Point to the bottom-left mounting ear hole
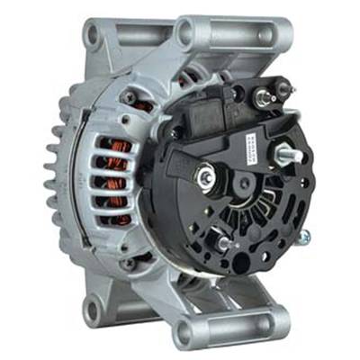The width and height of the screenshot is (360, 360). pyautogui.click(x=92, y=310)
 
